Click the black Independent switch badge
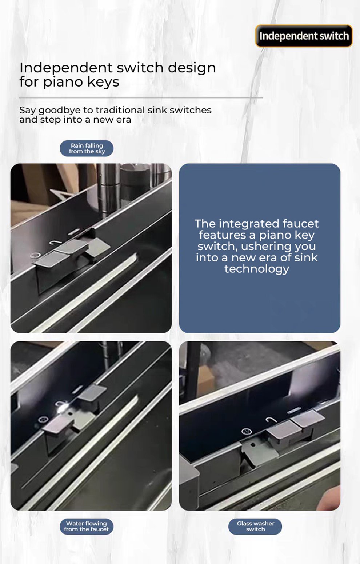click(x=304, y=36)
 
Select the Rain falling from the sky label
click(x=87, y=148)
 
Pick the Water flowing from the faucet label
click(x=87, y=526)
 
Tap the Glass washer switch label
click(x=255, y=526)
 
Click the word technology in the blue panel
click(x=256, y=269)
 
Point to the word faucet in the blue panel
click(x=300, y=224)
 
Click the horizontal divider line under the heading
click(x=141, y=98)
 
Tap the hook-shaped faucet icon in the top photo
click(x=55, y=243)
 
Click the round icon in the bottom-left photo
click(x=43, y=420)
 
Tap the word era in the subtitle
click(x=124, y=120)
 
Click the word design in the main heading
click(x=192, y=68)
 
